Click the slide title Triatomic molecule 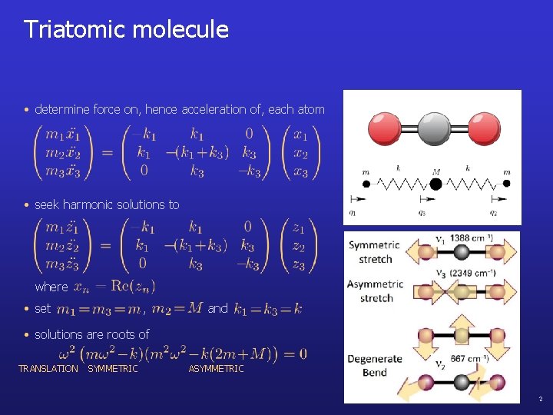click(x=126, y=30)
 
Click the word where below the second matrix click(x=51, y=287)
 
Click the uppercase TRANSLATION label click(x=48, y=369)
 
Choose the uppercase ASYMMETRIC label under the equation click(x=216, y=369)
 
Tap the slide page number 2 click(x=540, y=400)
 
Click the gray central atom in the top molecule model click(x=435, y=128)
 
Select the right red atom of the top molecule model click(x=485, y=128)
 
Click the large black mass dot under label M click(x=436, y=184)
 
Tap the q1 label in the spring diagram click(x=352, y=213)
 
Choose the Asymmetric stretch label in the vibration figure click(x=376, y=291)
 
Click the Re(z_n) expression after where click(x=127, y=287)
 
